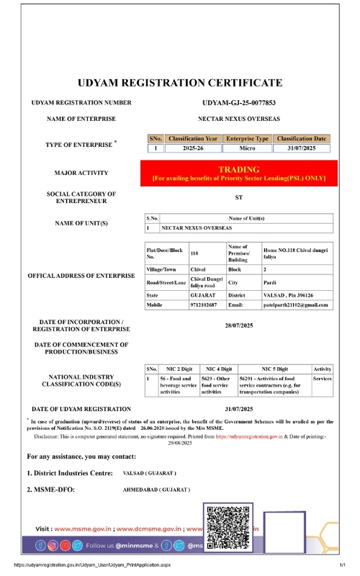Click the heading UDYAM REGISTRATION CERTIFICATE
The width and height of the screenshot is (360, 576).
(180, 83)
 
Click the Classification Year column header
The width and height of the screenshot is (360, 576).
(192, 138)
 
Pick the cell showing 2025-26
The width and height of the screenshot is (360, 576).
(192, 148)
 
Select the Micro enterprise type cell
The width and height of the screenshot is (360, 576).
(247, 148)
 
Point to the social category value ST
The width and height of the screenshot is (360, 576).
(238, 197)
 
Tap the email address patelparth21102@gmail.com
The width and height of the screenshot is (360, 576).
(295, 305)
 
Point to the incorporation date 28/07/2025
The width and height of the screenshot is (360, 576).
(238, 325)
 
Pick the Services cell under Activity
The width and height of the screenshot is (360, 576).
(322, 379)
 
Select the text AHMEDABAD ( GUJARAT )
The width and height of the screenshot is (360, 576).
(157, 489)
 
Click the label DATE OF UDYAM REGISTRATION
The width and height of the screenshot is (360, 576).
(81, 409)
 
